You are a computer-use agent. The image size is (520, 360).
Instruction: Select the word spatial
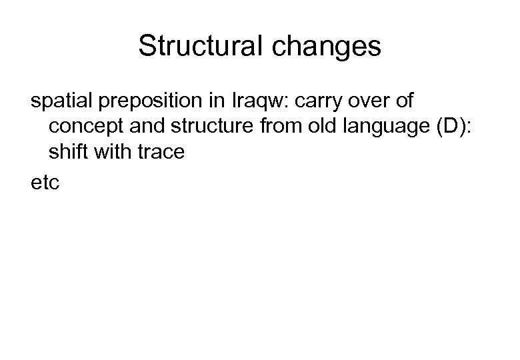(63, 101)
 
